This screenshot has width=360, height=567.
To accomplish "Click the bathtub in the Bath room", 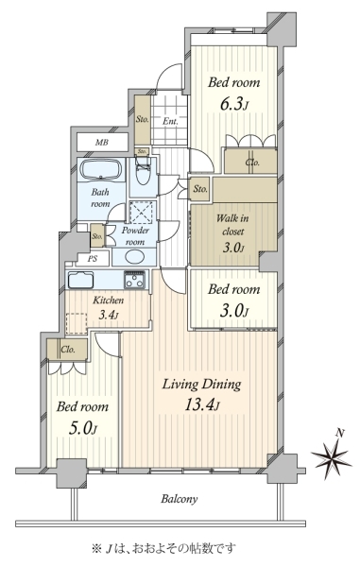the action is (101, 169).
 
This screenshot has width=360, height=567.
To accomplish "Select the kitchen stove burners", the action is (134, 279).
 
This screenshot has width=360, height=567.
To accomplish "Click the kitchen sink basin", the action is (80, 280).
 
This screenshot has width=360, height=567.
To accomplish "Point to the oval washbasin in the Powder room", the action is (134, 257).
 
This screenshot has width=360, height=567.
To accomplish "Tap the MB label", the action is (101, 143).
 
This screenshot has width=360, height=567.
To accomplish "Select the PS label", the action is (93, 259).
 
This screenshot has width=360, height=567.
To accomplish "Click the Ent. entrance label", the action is (170, 122).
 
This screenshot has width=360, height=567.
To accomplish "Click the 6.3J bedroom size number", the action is (233, 105).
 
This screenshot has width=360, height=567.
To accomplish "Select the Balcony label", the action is (180, 499).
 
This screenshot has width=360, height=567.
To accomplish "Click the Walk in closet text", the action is (232, 225).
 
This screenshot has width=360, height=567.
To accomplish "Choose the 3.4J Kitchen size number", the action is (109, 315).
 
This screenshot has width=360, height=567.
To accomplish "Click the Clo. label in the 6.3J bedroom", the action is (252, 163).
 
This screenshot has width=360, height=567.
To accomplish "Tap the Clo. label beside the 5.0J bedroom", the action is (68, 350).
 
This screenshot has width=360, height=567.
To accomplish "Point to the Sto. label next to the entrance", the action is (143, 119).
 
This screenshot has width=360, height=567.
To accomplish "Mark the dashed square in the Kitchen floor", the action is (77, 323).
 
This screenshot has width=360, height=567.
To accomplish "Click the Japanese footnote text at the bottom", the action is (163, 548).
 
